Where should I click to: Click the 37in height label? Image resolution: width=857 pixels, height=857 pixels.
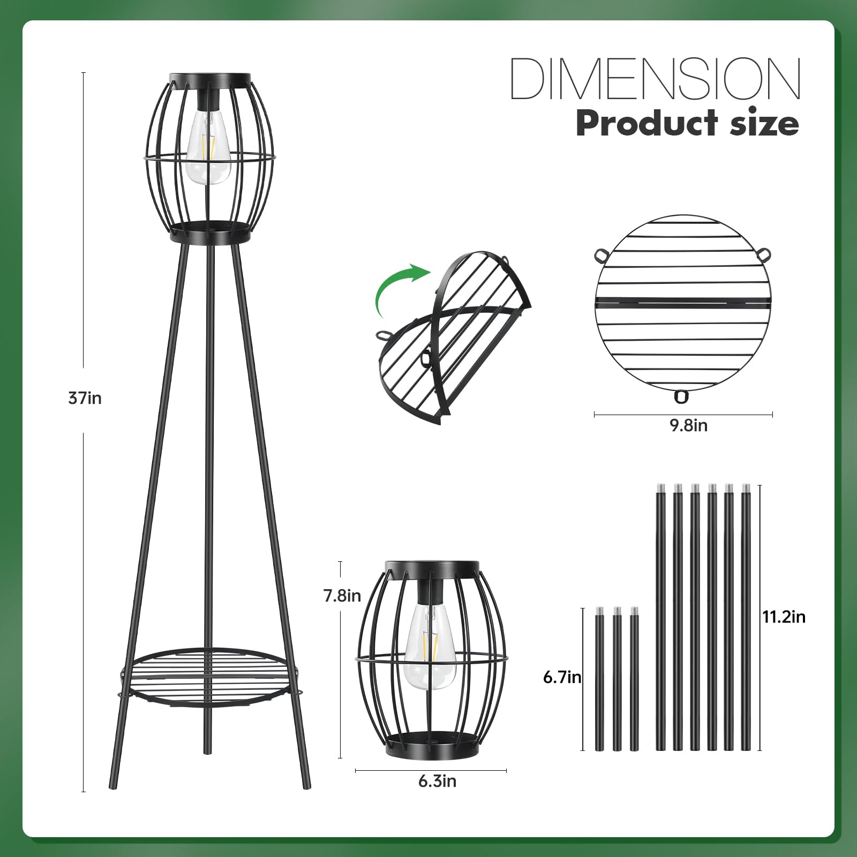[x=85, y=399]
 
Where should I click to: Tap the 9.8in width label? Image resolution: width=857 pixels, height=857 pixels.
[x=688, y=425]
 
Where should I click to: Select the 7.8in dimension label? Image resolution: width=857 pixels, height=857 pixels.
[x=342, y=596]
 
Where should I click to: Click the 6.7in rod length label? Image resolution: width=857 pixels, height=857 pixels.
[x=562, y=678]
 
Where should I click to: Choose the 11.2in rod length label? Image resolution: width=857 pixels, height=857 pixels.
[x=784, y=617]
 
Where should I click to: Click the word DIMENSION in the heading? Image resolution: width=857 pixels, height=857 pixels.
[x=655, y=79]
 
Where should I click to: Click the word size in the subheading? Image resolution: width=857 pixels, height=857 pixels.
[x=766, y=124]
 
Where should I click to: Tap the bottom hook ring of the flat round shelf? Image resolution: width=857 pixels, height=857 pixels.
[x=681, y=397]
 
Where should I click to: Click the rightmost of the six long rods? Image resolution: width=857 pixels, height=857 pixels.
[x=746, y=616]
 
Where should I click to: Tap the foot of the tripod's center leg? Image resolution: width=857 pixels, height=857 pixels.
[x=206, y=750]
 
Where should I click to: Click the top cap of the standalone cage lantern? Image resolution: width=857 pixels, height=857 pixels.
[x=432, y=567]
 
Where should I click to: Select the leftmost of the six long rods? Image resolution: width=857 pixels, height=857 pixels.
[x=660, y=616]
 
